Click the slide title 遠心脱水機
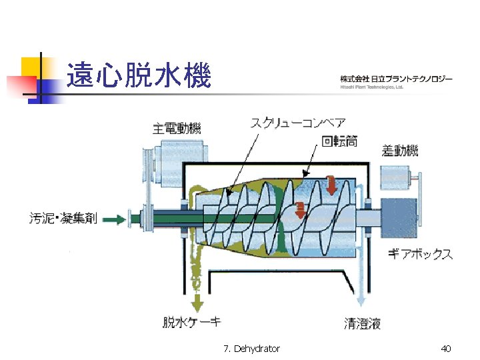coord(139,75)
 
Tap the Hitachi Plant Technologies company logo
coord(396,81)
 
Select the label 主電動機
coord(177,129)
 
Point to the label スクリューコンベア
coord(298,122)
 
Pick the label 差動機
coord(400,151)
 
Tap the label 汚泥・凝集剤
coord(63,218)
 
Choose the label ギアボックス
coord(421,254)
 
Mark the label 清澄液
coord(363,324)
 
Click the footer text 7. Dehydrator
coord(253,349)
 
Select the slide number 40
coord(447,349)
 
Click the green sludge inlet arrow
coord(115,218)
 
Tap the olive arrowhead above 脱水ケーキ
coord(196,303)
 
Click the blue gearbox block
coord(399,217)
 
